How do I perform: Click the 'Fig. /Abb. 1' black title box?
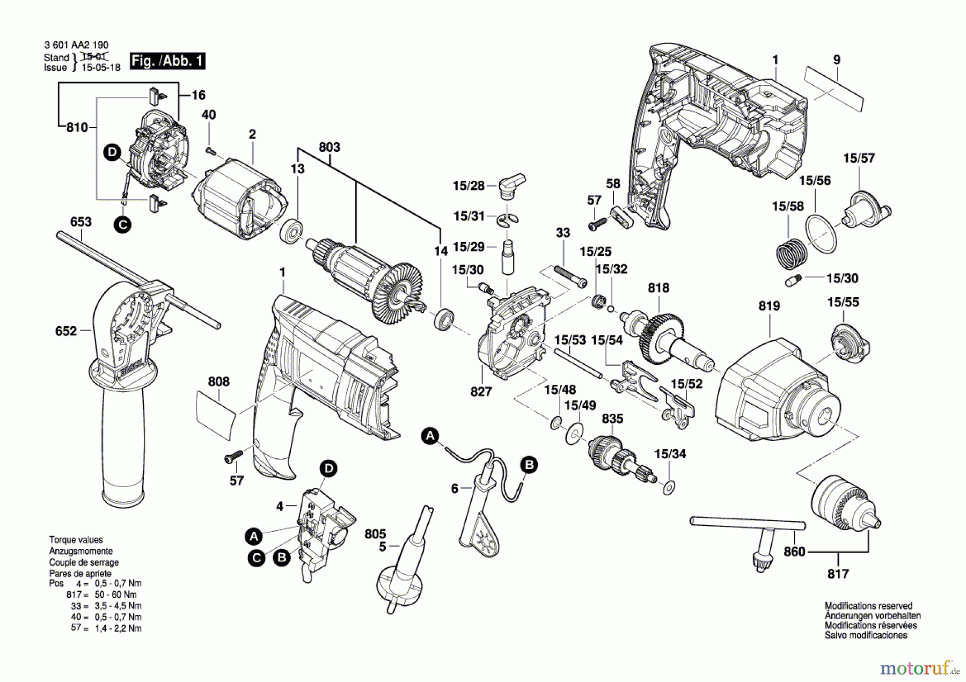(x=167, y=61)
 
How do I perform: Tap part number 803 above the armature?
(x=330, y=147)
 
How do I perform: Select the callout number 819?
(x=769, y=306)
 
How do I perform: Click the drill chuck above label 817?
(x=845, y=509)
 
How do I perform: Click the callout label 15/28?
(x=469, y=186)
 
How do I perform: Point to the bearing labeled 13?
(x=292, y=231)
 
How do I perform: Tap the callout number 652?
(x=66, y=331)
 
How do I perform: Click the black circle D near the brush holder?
(x=112, y=152)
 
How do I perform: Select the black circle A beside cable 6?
(x=429, y=436)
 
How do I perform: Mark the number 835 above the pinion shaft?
(x=612, y=419)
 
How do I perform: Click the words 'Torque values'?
(x=76, y=540)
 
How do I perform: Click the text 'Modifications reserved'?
(x=868, y=606)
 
